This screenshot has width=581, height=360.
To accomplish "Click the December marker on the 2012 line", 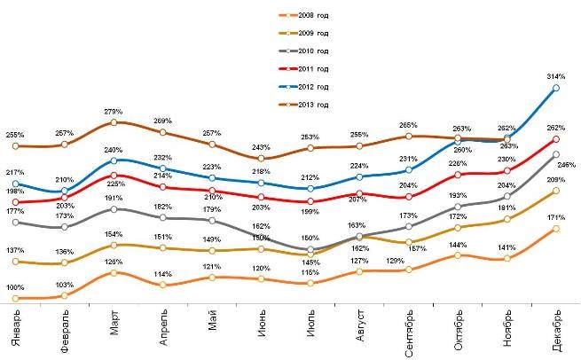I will point(556,88).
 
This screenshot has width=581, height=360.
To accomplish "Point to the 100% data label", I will point(15,288).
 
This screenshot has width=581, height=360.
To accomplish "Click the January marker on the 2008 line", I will point(16,299).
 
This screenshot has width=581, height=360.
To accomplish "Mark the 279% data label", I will point(114,111).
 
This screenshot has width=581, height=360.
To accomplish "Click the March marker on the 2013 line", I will point(114,122).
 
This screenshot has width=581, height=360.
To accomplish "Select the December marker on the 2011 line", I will point(556,139).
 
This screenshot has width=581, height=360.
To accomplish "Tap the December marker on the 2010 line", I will point(556,154).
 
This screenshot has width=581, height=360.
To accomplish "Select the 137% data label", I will point(15,252).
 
